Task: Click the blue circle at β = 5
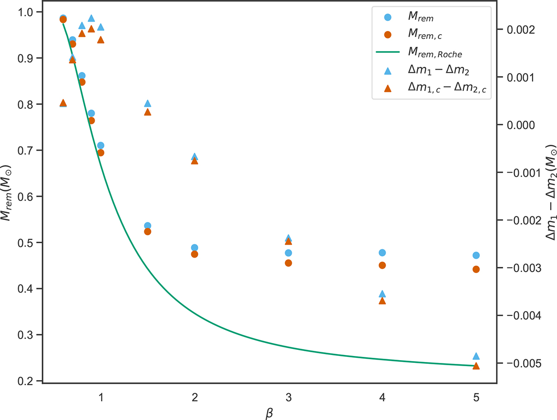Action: (475, 255)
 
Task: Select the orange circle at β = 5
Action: (475, 269)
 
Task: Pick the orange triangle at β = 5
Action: (475, 366)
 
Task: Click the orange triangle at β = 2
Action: (194, 161)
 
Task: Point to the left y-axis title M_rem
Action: (9, 196)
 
